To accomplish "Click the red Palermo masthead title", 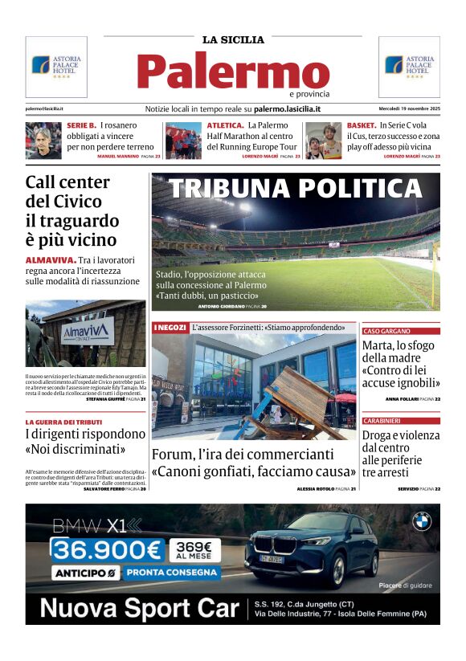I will (232, 71).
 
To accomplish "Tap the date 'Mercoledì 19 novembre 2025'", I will (409, 108).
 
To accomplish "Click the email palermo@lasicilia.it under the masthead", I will (45, 108).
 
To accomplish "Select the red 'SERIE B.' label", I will (81, 125).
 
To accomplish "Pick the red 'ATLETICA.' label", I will (225, 125).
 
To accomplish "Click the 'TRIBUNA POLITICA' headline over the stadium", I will (295, 189).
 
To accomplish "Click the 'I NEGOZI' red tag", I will (170, 328).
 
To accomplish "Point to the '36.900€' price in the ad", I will (107, 550).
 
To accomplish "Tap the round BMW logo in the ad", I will (422, 522).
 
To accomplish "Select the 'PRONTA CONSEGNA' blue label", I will (173, 573).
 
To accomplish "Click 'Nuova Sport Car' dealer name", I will (140, 608).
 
